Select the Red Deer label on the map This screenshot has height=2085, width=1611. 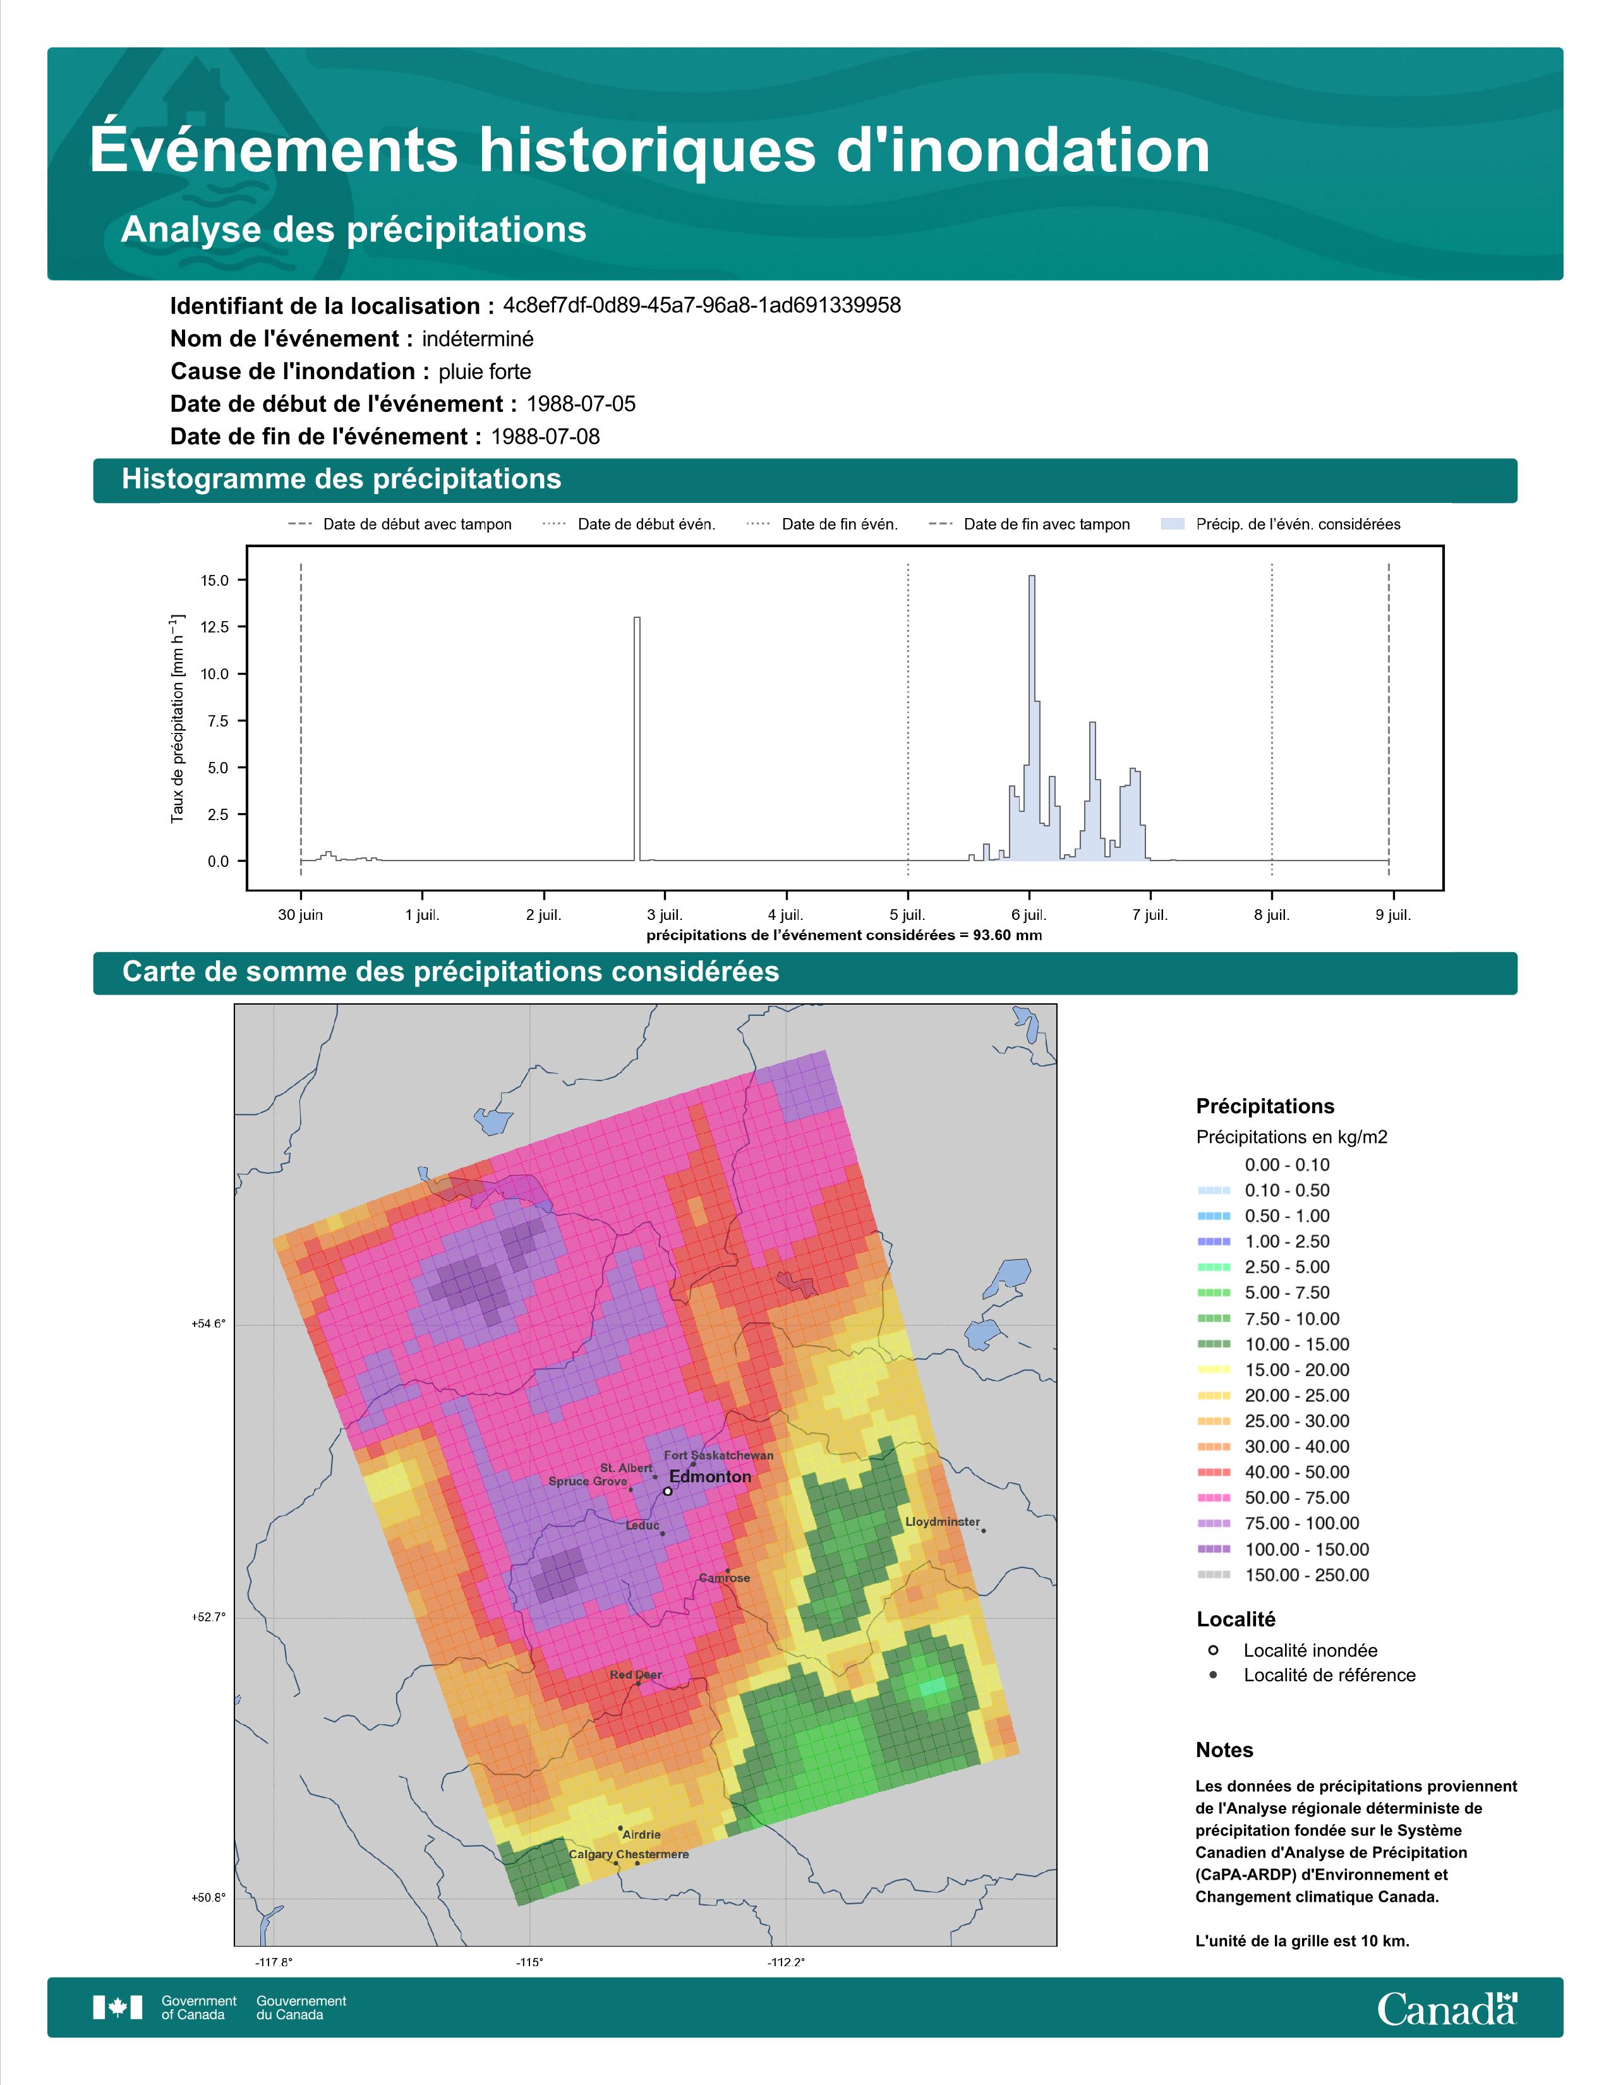point(636,1674)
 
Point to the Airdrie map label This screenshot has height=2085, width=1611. point(641,1834)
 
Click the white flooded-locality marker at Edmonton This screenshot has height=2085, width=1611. point(668,1490)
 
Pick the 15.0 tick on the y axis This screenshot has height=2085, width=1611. point(215,581)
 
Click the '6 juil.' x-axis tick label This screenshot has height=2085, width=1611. point(1029,915)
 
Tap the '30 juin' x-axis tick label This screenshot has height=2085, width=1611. point(301,915)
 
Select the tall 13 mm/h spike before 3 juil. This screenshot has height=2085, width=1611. point(637,739)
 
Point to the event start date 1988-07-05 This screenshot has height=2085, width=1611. point(581,404)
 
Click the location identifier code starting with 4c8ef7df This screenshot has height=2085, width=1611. point(701,306)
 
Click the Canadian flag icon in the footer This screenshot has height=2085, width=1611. point(118,2008)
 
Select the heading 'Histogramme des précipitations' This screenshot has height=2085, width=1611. point(342,480)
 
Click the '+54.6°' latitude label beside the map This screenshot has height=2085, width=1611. point(209,1324)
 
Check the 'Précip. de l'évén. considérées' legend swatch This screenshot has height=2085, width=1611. point(1173,524)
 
